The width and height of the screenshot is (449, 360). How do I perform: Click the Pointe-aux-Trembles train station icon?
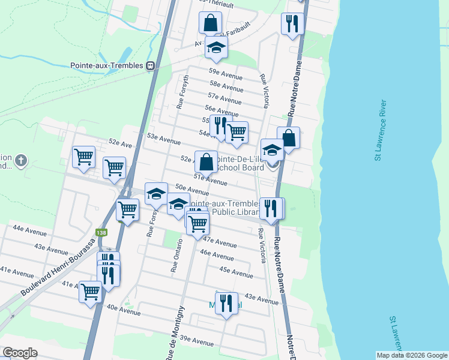click(150, 66)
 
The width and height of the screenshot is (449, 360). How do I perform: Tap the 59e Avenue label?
click(225, 74)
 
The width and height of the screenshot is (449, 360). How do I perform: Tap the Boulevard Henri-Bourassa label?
click(58, 267)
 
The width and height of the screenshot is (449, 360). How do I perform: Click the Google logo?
click(20, 353)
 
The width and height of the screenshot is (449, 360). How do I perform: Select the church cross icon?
click(21, 161)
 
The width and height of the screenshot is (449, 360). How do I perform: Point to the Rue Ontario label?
click(176, 256)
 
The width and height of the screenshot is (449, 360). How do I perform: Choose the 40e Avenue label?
click(123, 310)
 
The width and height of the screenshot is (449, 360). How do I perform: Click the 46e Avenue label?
click(217, 254)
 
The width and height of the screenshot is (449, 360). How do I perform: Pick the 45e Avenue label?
click(236, 272)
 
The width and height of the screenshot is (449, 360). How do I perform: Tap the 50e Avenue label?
click(191, 190)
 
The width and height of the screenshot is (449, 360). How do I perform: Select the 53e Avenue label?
click(164, 139)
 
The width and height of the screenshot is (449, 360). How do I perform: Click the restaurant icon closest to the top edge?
click(292, 25)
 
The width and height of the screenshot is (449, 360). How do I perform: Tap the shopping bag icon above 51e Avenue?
click(206, 162)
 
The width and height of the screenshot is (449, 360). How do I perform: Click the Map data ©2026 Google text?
click(412, 355)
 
